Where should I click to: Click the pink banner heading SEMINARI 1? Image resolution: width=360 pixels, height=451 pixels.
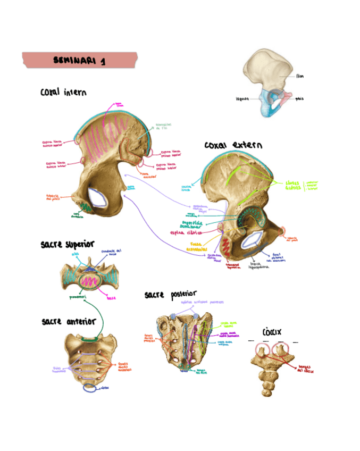pyautogui.click(x=80, y=61)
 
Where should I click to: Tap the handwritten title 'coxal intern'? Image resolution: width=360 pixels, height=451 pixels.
pyautogui.click(x=63, y=93)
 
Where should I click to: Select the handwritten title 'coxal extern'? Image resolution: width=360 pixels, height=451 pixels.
pyautogui.click(x=233, y=145)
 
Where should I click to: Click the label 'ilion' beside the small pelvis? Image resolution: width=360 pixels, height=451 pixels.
pyautogui.click(x=300, y=76)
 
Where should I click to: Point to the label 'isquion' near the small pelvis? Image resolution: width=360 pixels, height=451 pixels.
pyautogui.click(x=242, y=99)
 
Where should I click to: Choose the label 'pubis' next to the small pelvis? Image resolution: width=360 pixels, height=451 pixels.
pyautogui.click(x=300, y=99)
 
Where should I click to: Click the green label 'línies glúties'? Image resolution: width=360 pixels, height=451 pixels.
pyautogui.click(x=292, y=185)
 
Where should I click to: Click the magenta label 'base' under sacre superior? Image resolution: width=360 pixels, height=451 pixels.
pyautogui.click(x=112, y=298)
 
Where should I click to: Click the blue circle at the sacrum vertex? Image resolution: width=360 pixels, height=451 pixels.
pyautogui.click(x=89, y=389)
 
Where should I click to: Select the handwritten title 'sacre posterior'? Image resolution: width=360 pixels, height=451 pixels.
pyautogui.click(x=170, y=294)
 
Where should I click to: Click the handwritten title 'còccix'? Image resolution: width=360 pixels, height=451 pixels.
pyautogui.click(x=272, y=332)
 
